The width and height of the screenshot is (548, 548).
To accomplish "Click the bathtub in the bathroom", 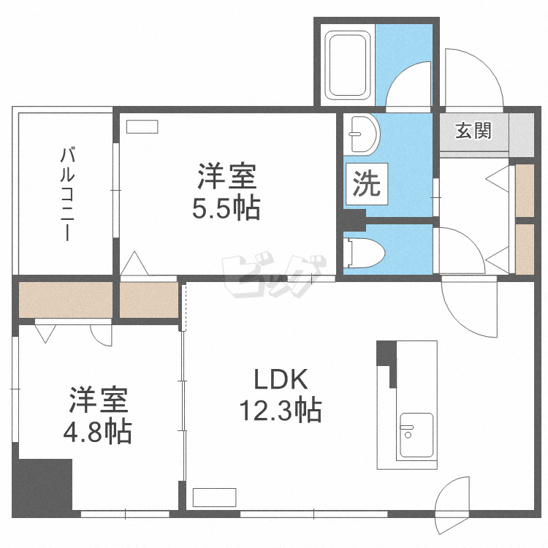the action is (x=347, y=65).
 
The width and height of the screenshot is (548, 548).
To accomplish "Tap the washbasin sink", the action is (x=362, y=134).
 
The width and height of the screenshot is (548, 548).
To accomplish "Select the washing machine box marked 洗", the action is (x=366, y=184).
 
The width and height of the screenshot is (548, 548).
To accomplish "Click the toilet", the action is (x=364, y=253).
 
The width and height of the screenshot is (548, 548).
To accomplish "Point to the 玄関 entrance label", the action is (x=473, y=130).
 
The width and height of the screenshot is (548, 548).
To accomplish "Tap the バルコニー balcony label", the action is (x=67, y=194).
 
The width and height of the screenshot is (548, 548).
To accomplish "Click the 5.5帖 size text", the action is (x=227, y=208).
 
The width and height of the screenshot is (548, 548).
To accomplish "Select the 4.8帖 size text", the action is (x=97, y=433).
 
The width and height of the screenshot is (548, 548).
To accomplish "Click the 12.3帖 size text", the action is (x=281, y=410).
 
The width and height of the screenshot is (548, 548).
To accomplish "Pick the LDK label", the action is (x=281, y=379).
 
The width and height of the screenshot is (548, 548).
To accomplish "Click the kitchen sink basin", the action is (x=416, y=435).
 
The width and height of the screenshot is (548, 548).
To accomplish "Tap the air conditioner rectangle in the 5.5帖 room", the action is (x=142, y=126).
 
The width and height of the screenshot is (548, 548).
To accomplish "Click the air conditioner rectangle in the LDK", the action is (x=214, y=497).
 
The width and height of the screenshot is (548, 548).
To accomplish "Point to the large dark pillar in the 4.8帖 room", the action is (x=42, y=485).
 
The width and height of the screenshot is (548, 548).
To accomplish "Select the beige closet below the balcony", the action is (x=65, y=300).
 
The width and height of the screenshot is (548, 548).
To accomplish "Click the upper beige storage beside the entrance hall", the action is (x=525, y=191).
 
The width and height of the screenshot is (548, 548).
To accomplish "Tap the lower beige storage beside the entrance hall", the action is (x=525, y=249).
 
